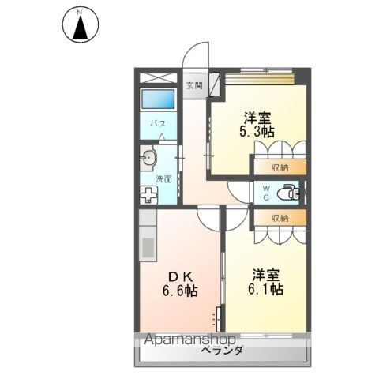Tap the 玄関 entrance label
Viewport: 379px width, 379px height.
pos(193,85)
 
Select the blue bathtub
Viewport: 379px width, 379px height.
pos(158,99)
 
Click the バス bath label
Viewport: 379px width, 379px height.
pos(158,124)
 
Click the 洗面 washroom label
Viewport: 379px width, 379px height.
pos(163,178)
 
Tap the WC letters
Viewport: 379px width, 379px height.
pos(266,192)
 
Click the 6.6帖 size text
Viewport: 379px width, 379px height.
pos(179,290)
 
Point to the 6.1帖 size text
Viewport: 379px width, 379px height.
pos(265,290)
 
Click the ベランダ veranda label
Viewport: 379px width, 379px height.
pos(220,351)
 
